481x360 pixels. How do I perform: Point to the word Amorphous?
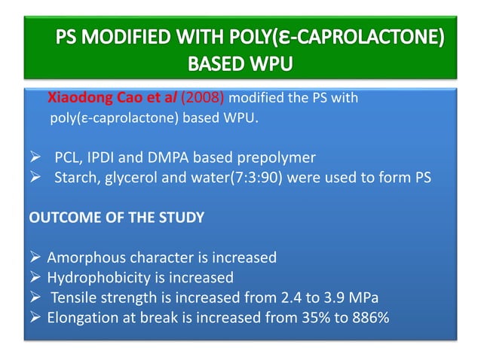[x=82, y=258]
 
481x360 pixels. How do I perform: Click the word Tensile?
[x=76, y=297]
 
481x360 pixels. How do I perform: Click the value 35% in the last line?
[x=302, y=317]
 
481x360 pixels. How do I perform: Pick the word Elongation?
[x=80, y=317]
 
